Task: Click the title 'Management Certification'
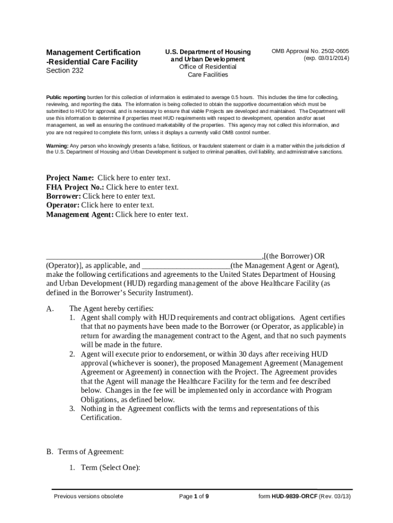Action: point(93,52)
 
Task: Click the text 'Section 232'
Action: point(65,70)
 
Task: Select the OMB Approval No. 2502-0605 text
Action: point(310,51)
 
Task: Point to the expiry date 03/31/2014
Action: point(331,59)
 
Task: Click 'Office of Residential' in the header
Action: point(208,67)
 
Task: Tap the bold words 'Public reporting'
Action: point(66,97)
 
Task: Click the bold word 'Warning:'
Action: point(58,146)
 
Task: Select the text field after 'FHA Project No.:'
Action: point(142,187)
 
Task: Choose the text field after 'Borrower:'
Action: point(119,196)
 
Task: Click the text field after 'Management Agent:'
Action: point(152,215)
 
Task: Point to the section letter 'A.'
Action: point(50,308)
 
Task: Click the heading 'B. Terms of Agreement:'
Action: point(85,451)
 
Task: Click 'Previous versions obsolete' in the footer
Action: point(88,496)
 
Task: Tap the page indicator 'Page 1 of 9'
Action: point(194,496)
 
